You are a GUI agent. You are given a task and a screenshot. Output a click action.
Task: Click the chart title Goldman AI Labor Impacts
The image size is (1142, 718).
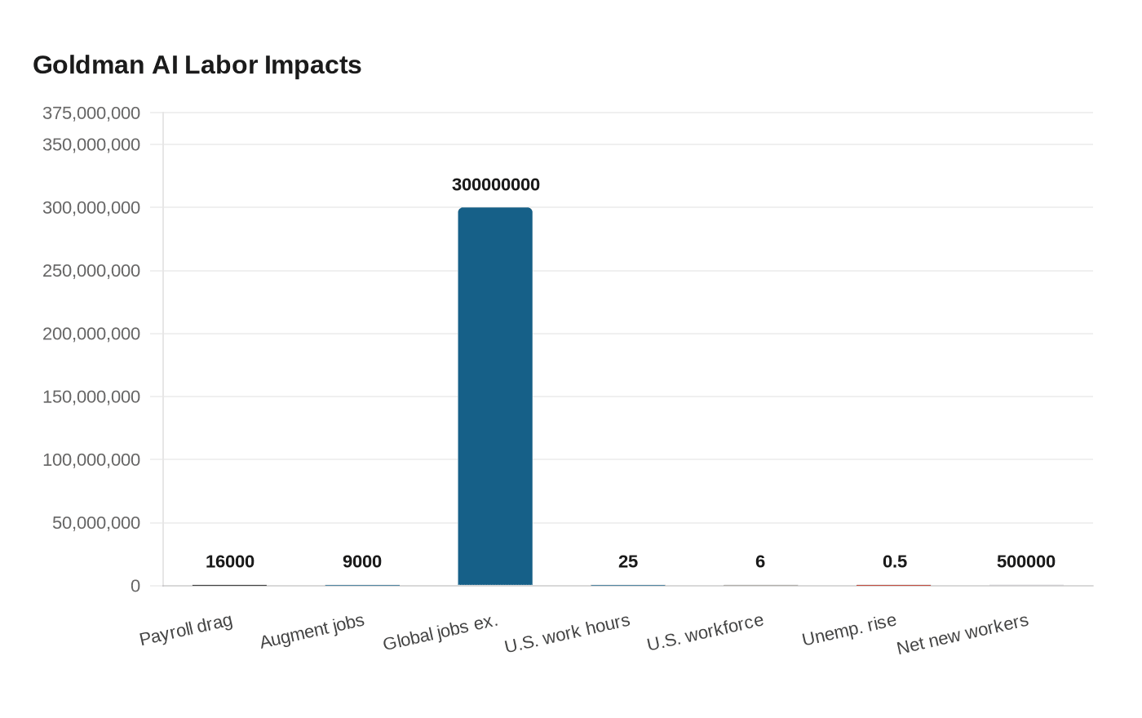click(197, 64)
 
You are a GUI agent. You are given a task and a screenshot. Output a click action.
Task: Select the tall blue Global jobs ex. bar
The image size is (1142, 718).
click(495, 397)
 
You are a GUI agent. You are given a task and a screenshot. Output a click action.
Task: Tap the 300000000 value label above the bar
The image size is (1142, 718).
click(495, 184)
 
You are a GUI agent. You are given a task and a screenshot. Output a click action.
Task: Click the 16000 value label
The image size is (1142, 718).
click(229, 561)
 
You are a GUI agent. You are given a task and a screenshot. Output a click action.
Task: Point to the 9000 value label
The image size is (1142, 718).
click(361, 561)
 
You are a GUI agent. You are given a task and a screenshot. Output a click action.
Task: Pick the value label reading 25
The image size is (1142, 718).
click(627, 561)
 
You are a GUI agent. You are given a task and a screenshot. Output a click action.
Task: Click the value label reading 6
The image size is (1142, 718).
click(759, 561)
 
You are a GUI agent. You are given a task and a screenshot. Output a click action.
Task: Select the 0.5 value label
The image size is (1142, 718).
click(894, 561)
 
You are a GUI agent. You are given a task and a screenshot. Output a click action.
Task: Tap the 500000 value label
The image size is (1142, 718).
click(1025, 561)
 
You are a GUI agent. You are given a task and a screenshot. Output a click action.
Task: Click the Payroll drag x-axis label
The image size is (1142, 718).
click(186, 630)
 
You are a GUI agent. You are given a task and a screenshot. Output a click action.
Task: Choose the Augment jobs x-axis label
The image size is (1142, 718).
click(312, 632)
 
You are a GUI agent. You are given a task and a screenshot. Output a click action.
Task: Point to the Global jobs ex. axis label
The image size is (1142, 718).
click(440, 632)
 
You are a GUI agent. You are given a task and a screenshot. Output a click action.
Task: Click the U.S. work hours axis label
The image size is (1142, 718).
click(568, 633)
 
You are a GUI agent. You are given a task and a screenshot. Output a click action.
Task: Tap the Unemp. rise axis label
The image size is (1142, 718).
click(849, 630)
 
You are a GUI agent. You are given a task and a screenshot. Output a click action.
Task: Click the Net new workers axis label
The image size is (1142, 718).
click(963, 635)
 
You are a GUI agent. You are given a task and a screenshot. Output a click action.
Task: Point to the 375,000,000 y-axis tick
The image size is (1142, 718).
click(91, 113)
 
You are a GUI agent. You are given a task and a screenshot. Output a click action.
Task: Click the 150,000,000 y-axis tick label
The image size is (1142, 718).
click(91, 397)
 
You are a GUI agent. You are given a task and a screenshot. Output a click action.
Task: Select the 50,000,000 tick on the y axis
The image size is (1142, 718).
click(96, 523)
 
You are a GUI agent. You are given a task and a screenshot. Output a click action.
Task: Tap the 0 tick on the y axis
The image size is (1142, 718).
click(135, 586)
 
